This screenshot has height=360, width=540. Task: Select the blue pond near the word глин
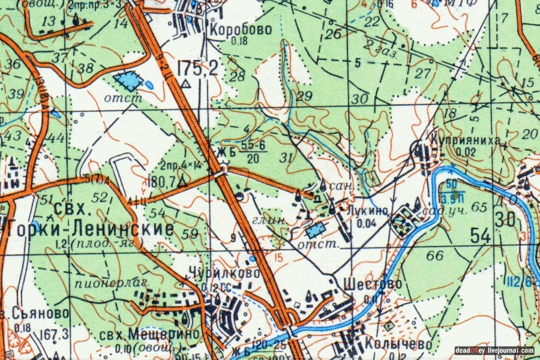tap(314, 229)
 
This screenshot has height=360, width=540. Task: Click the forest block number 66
tap(435, 256)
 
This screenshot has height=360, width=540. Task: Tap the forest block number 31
tap(289, 158)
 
